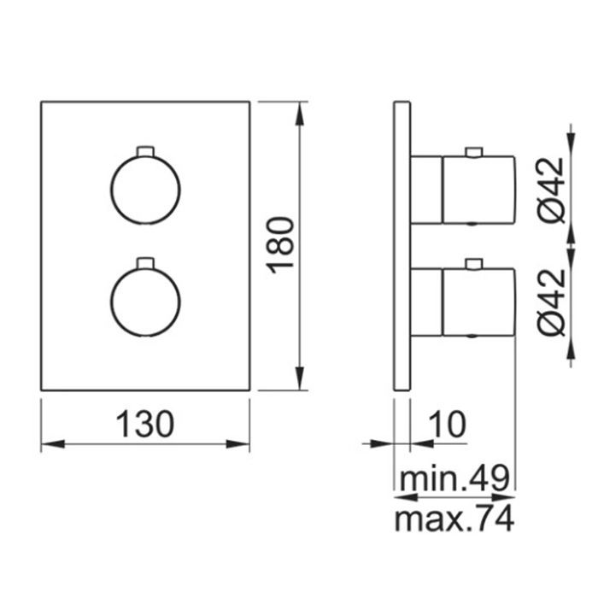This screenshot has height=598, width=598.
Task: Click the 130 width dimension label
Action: [x=144, y=424]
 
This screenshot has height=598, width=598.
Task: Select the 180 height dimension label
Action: [x=281, y=245]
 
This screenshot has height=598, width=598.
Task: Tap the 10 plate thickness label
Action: [x=448, y=424]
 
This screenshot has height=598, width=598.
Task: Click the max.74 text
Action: [x=454, y=519]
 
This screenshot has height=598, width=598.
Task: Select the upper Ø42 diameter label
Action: [x=552, y=190]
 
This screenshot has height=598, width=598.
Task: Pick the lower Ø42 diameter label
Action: [x=552, y=302]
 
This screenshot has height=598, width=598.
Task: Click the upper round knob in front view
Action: [x=145, y=190]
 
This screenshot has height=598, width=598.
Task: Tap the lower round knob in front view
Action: [x=145, y=302]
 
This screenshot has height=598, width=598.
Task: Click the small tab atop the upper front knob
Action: [x=145, y=151]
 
